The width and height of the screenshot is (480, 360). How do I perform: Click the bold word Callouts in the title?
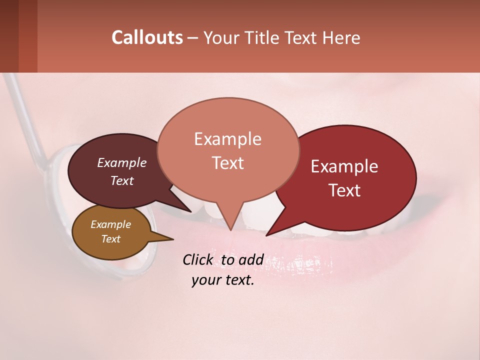coord(147,37)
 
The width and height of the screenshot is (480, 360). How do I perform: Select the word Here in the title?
coord(341,37)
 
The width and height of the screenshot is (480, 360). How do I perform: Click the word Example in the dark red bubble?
coord(344,166)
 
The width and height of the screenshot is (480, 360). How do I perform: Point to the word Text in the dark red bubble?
coord(344,190)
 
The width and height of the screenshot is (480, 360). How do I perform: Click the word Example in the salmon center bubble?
coord(227,139)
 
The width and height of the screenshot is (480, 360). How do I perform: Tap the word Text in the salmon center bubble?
coord(227,163)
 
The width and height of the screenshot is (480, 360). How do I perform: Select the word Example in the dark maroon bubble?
coord(122,163)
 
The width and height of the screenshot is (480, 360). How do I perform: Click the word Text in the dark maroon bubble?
coord(122,181)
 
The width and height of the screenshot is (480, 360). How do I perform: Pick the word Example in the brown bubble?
coord(111,224)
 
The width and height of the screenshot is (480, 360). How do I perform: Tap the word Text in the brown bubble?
coord(111,239)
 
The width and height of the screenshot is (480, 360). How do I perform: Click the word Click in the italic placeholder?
coord(198,260)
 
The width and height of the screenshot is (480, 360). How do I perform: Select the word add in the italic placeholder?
coord(251,260)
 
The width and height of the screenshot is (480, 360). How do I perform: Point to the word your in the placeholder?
coord(205,280)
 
